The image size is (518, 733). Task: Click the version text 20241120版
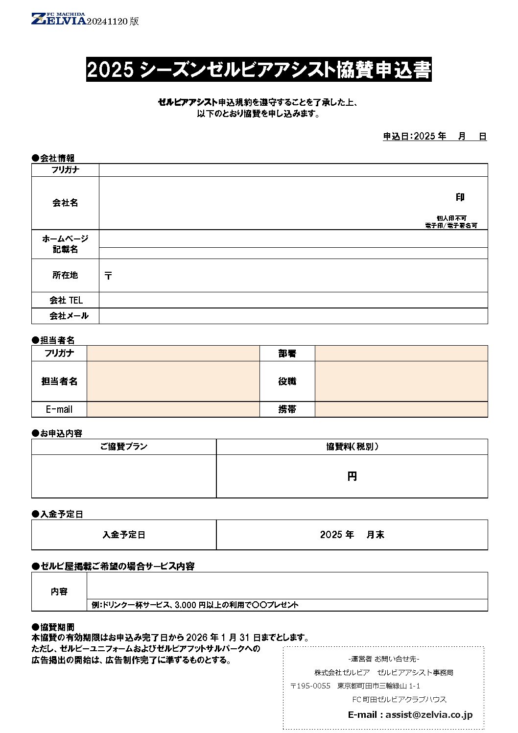point(113,21)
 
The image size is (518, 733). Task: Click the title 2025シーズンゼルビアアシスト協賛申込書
point(259,70)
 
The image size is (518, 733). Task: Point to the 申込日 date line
point(434,137)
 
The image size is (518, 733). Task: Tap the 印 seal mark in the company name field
point(460,197)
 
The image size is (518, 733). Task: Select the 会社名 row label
point(65,203)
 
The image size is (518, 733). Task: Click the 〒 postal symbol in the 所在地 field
point(108,276)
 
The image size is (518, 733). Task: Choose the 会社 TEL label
point(66,300)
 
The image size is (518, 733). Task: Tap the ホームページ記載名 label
point(65,244)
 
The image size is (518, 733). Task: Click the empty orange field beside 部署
point(401,354)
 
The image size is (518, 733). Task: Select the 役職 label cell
point(287,381)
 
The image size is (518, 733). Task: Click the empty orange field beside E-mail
point(173,409)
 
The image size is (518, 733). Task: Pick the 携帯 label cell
point(287,409)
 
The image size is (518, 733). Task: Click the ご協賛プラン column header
point(123,447)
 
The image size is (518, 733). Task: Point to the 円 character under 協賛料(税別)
point(352,476)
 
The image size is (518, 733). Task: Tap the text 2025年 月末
point(352,535)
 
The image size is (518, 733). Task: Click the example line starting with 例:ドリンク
point(195,605)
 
